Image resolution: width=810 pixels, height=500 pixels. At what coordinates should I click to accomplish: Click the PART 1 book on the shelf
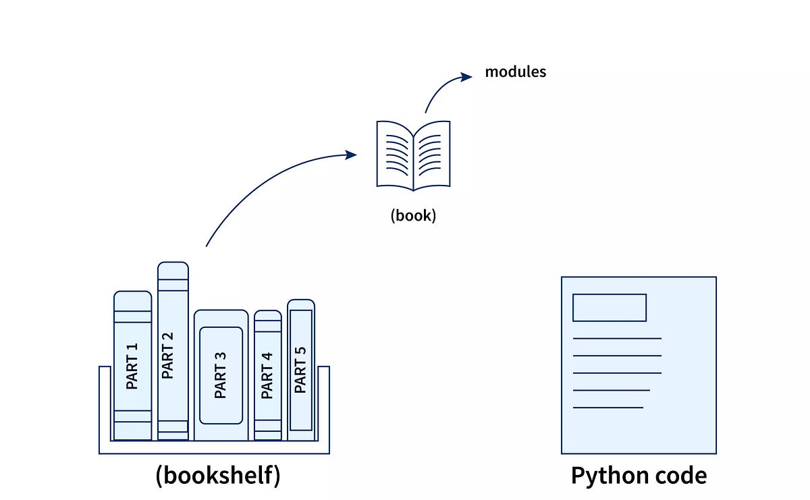[132, 365]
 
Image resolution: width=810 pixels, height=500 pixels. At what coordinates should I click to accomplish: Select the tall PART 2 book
[173, 351]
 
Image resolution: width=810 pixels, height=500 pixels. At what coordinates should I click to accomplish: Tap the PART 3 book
[221, 375]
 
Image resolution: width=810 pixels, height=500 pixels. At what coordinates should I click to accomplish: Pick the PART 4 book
[267, 375]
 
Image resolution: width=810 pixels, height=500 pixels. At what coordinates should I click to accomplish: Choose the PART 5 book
[300, 370]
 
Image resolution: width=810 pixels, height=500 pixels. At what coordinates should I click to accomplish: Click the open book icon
[413, 155]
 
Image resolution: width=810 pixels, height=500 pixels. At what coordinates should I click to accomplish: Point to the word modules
[515, 72]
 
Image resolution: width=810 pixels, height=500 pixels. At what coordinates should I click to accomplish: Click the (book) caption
[413, 217]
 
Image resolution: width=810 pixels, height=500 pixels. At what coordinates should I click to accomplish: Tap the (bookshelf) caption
[217, 475]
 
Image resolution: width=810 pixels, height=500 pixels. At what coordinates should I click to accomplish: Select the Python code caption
[639, 475]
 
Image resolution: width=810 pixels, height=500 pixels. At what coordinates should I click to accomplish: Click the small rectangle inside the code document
[609, 308]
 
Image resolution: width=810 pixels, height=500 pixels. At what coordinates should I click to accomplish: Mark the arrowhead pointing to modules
[467, 76]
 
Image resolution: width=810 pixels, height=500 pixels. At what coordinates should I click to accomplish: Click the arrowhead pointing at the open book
[351, 155]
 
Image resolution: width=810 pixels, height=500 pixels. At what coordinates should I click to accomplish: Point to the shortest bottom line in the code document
[607, 407]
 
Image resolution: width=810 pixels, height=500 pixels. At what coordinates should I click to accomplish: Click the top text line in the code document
[617, 338]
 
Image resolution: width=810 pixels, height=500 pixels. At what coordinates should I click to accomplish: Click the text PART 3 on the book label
[221, 375]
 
